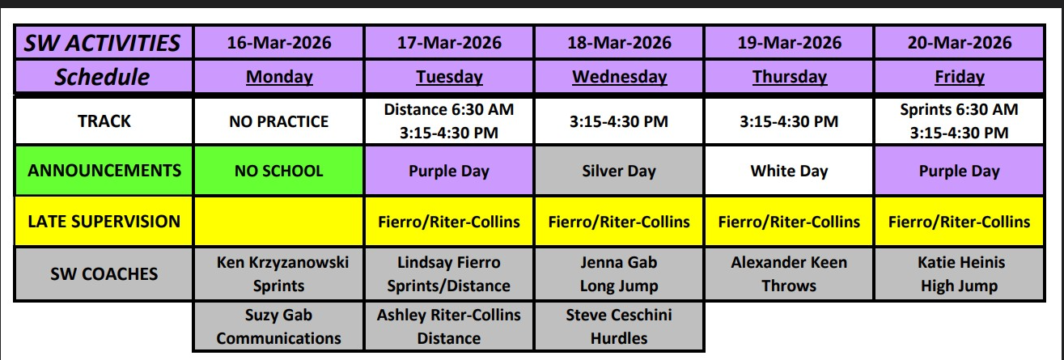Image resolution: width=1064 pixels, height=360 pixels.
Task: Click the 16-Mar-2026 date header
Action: (279, 43)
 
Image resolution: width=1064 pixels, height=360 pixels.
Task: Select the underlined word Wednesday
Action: (620, 77)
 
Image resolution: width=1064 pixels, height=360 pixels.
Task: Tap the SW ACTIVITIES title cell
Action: (104, 43)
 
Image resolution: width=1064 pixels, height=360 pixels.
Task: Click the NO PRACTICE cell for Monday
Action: (279, 121)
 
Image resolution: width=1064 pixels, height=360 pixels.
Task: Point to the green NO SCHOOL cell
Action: (279, 171)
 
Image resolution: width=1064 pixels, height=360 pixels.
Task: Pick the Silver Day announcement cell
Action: (619, 171)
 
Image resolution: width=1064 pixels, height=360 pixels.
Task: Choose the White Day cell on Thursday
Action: (789, 171)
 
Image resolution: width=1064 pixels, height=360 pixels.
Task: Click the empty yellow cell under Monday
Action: (279, 222)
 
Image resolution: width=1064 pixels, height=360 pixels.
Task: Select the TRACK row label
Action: (104, 121)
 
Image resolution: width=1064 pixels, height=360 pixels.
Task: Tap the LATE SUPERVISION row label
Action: (104, 222)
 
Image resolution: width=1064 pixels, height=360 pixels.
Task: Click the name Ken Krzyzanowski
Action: (282, 262)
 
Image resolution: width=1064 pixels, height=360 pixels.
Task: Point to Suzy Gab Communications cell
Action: (279, 326)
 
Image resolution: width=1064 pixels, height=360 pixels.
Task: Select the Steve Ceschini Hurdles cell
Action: (619, 326)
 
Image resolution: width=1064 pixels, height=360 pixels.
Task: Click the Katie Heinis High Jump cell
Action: (960, 274)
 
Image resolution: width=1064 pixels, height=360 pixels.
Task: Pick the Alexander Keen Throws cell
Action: (789, 274)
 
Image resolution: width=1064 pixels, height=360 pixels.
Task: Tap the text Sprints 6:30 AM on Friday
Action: (959, 110)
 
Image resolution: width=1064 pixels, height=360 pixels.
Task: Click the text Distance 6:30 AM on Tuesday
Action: (449, 110)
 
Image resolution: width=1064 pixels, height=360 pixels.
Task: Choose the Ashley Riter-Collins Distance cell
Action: (449, 326)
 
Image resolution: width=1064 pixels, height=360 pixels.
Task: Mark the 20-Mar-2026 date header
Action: (960, 43)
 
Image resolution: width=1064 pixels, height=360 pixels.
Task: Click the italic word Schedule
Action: (102, 77)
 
